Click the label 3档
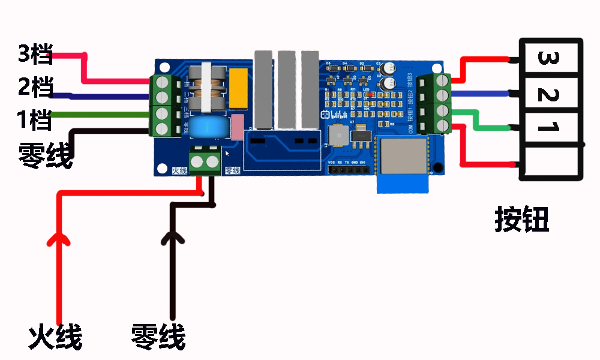(x=35, y=55)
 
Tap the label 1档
(x=35, y=121)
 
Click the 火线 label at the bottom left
(x=55, y=338)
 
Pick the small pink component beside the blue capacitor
(x=238, y=127)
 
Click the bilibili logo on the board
(x=335, y=113)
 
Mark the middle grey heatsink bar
(x=286, y=90)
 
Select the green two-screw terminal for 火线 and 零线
(x=205, y=160)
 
